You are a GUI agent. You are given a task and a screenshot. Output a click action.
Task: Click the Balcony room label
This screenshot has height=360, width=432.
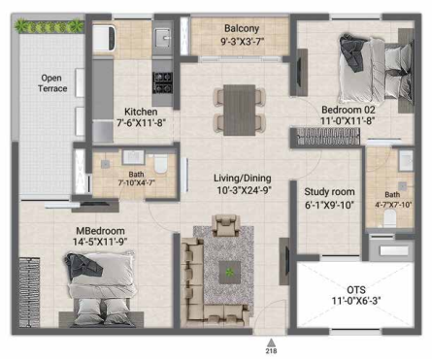pyautogui.click(x=242, y=28)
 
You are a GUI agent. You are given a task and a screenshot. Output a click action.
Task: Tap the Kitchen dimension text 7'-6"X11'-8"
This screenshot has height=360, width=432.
pyautogui.click(x=141, y=123)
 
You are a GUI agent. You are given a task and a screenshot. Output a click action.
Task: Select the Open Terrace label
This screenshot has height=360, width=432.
pyautogui.click(x=52, y=83)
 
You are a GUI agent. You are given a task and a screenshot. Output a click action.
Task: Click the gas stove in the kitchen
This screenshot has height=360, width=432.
pyautogui.click(x=162, y=82)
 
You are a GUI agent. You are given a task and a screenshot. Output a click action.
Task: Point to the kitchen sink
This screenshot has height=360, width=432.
pyautogui.click(x=162, y=37)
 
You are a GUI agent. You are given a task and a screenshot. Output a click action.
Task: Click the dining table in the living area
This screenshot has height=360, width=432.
pyautogui.click(x=240, y=110)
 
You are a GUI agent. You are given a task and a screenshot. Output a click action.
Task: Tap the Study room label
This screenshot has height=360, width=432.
pyautogui.click(x=329, y=192)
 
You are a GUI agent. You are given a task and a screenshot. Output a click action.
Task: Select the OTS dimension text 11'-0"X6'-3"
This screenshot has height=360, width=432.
pyautogui.click(x=356, y=301)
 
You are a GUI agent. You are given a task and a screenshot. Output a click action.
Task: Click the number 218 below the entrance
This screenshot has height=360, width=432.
pyautogui.click(x=272, y=350)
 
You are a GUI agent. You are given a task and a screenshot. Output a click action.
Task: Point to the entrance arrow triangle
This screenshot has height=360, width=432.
pyautogui.click(x=272, y=343)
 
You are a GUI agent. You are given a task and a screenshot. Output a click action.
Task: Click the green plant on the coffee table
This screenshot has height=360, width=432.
pyautogui.click(x=230, y=272)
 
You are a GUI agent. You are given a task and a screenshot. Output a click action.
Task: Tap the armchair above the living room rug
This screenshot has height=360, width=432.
pyautogui.click(x=226, y=225)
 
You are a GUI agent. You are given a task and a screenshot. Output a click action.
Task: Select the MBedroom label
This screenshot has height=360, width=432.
pyautogui.click(x=100, y=231)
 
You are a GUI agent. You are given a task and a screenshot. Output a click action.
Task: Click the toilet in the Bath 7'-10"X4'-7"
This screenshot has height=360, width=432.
pyautogui.click(x=160, y=163)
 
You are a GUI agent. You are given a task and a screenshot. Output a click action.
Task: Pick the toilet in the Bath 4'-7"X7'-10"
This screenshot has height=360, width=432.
pyautogui.click(x=389, y=218)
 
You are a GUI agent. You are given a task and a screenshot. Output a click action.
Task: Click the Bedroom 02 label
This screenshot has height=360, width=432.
pyautogui.click(x=349, y=110)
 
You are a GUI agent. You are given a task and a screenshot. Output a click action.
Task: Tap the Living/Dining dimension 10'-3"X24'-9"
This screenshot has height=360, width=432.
pyautogui.click(x=244, y=190)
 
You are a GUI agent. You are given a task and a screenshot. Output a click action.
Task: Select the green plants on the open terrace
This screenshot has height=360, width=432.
pyautogui.click(x=50, y=26)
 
